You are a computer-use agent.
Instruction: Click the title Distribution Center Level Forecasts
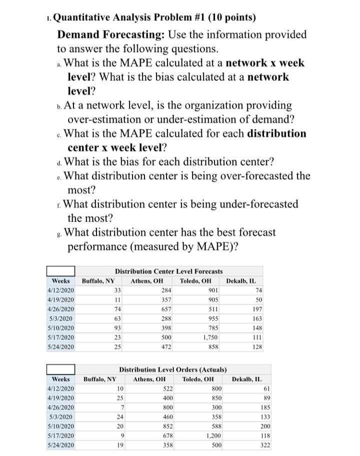coord(168,271)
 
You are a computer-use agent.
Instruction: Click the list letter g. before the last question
coord(60,233)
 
